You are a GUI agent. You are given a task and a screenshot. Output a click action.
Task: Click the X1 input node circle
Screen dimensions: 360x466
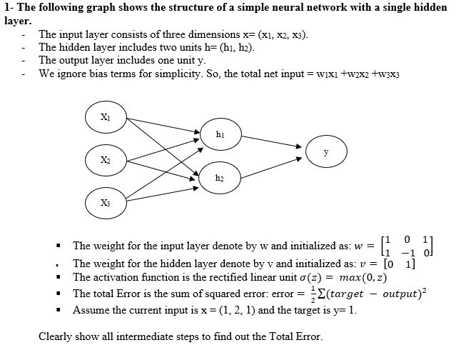pyautogui.click(x=105, y=116)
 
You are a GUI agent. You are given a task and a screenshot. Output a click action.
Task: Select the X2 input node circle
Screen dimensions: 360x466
pyautogui.click(x=105, y=159)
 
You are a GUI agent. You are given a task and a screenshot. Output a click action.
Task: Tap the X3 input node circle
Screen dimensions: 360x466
pyautogui.click(x=105, y=200)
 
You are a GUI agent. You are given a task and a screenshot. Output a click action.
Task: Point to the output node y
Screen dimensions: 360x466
pyautogui.click(x=325, y=152)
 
